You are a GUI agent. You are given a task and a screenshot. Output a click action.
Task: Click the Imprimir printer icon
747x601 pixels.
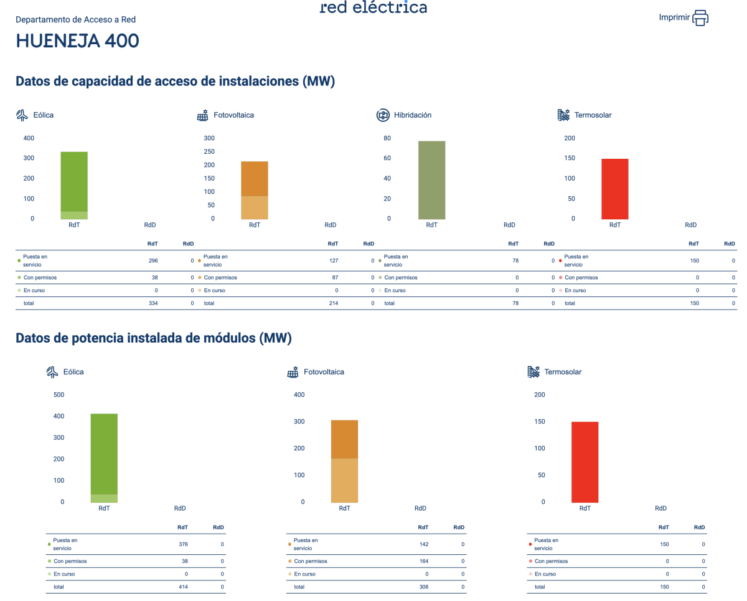[700, 17]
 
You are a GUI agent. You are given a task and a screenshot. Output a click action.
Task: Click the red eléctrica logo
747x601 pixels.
[374, 7]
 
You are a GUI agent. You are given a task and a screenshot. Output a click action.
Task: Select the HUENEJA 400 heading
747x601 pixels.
[77, 41]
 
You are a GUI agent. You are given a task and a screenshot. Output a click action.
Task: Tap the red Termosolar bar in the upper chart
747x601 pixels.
[614, 189]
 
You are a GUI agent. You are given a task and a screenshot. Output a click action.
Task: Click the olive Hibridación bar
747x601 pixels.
[432, 180]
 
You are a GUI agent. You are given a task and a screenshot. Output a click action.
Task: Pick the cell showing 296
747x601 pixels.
[154, 260]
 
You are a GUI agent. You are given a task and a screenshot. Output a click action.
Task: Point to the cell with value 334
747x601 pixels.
[154, 303]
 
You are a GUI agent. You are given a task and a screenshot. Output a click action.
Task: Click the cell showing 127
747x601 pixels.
[334, 260]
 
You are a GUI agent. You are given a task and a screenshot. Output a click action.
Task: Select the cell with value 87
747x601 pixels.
[334, 278]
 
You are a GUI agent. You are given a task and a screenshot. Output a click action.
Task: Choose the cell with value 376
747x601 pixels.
[183, 544]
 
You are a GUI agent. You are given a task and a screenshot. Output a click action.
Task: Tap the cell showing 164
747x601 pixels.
[423, 561]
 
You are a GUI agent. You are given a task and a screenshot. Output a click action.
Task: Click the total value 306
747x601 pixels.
[423, 587]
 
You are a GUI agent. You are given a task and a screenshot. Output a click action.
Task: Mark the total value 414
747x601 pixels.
[183, 587]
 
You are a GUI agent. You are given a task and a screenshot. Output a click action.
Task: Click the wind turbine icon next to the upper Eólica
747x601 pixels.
[22, 115]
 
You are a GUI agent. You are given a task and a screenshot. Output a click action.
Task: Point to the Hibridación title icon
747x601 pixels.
[383, 115]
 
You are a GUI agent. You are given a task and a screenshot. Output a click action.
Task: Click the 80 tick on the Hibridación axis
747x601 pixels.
[387, 138]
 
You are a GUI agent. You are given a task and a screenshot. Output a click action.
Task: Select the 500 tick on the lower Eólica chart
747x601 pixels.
[59, 395]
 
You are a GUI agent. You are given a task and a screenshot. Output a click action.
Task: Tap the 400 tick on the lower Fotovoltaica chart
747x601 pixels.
[299, 395]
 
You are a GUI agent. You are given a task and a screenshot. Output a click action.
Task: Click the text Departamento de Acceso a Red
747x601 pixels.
[75, 20]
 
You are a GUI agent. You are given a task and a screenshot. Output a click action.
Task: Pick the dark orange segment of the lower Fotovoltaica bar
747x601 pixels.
[344, 439]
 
